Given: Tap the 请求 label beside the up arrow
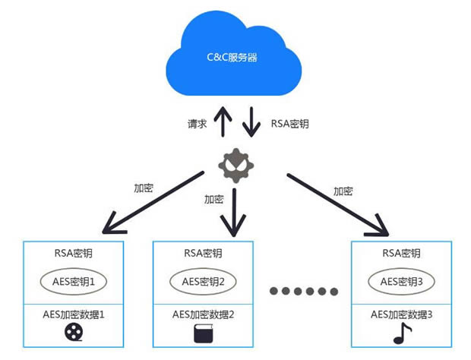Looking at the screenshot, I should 198,123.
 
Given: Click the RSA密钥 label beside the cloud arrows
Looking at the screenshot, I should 289,123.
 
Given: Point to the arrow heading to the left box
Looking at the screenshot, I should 152,201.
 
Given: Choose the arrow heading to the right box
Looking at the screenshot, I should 338,203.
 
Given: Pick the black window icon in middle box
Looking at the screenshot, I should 202,332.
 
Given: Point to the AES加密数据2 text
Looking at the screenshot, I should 202,314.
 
